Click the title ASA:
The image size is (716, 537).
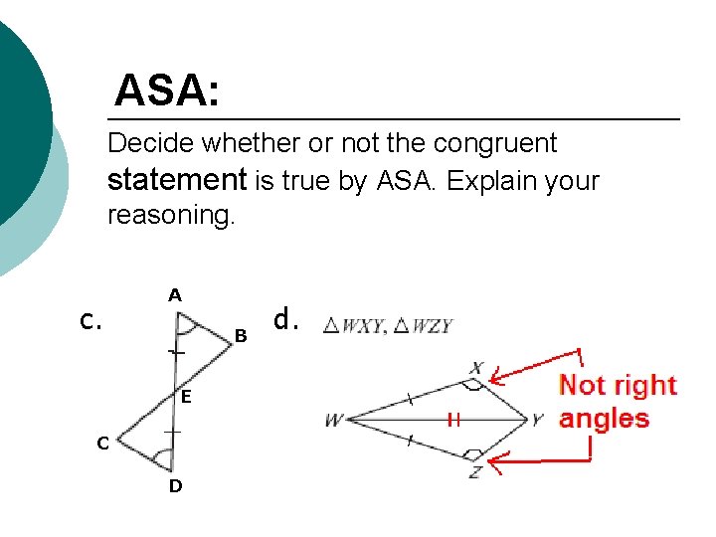pos(167,91)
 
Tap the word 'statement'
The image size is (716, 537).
pos(176,180)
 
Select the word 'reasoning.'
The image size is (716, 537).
pos(171,215)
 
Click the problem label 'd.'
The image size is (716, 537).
pos(286,319)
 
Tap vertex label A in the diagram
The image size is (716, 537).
pos(174,295)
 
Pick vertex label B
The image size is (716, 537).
pos(241,337)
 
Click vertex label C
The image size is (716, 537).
pos(102,444)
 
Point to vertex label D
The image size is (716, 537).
pos(175,486)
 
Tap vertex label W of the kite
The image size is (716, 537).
pos(333,421)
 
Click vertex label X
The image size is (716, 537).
pos(476,369)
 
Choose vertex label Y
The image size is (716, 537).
pos(538,420)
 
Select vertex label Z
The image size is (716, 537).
pos(475,472)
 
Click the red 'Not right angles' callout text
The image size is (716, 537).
pos(617,401)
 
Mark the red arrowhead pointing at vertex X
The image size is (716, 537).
pos(497,379)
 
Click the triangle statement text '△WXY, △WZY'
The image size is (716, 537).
pos(388,326)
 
